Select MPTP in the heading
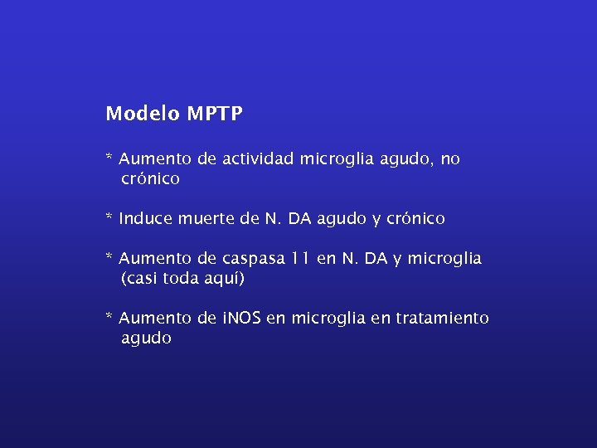(215, 114)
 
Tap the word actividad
(256, 158)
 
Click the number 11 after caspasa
(300, 259)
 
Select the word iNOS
(241, 319)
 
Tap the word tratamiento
(442, 319)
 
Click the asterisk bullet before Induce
(109, 217)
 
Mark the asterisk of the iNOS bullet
(109, 317)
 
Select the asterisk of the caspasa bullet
(109, 257)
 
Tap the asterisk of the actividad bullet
(109, 158)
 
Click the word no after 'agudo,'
(450, 159)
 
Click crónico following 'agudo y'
(415, 218)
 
